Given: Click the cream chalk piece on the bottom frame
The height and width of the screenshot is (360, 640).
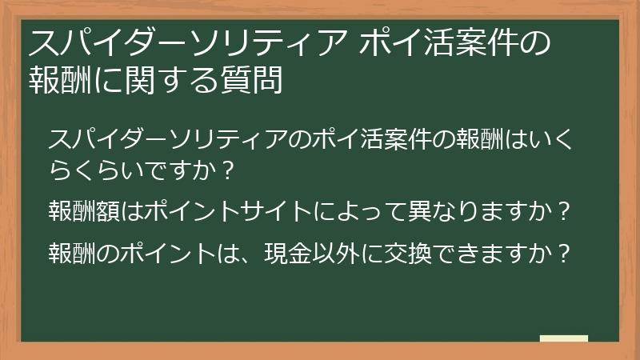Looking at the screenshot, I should click(564, 338).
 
